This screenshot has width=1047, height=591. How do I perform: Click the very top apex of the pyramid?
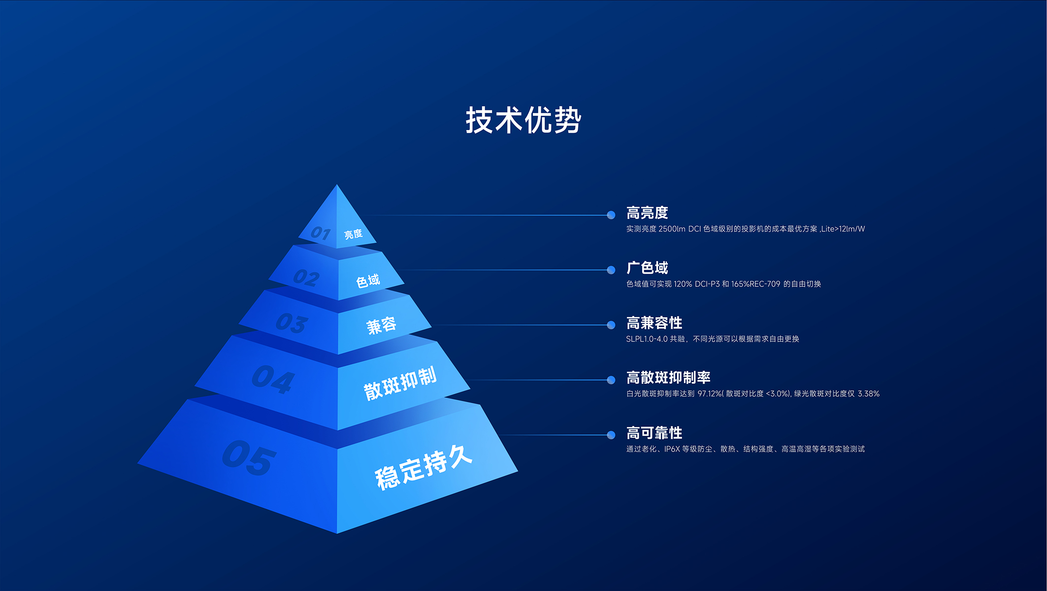click(337, 185)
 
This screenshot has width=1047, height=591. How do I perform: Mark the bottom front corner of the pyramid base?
click(337, 533)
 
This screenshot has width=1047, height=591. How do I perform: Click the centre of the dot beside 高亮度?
click(611, 215)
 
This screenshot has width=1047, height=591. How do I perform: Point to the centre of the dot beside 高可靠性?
click(611, 435)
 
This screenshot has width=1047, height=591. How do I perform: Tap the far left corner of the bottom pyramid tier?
click(138, 463)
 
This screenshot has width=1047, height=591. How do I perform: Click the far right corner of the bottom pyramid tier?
click(517, 471)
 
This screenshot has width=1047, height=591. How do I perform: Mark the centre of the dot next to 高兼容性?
click(611, 325)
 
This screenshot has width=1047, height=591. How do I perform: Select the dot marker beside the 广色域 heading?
click(611, 270)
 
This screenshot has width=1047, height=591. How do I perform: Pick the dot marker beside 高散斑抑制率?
click(611, 380)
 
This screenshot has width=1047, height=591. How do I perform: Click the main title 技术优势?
click(523, 120)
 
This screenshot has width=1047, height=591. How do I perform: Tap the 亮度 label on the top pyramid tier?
click(353, 234)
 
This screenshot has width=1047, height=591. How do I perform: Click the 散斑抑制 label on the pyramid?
click(400, 383)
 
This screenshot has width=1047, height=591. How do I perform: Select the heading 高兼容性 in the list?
click(654, 323)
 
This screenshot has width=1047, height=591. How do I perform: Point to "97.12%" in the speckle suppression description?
click(710, 394)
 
